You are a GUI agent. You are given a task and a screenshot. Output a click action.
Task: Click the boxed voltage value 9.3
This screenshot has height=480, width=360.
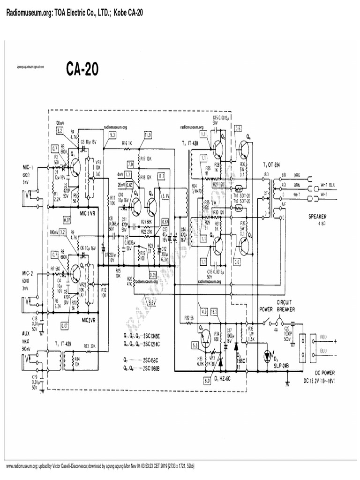[112, 135]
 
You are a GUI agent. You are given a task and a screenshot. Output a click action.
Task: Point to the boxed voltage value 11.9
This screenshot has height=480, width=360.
[148, 135]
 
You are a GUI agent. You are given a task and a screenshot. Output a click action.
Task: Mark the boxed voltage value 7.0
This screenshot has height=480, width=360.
[130, 164]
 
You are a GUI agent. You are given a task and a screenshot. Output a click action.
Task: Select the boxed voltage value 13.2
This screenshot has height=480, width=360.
[215, 312]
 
